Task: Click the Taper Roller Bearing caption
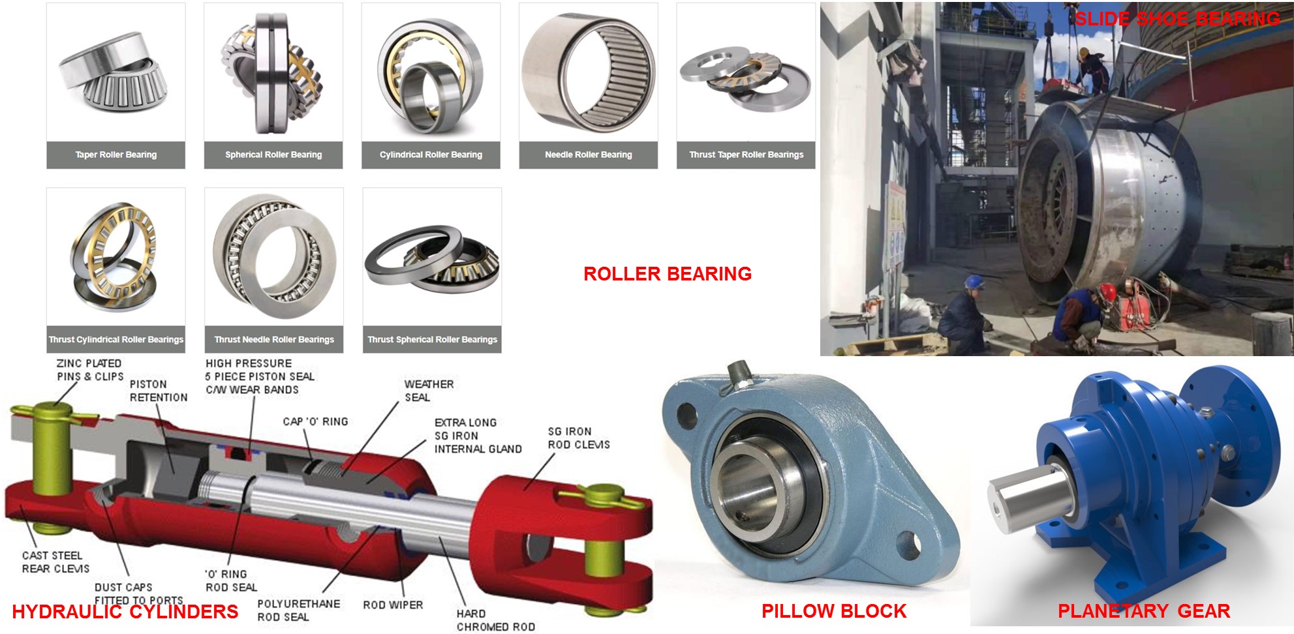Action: [116, 155]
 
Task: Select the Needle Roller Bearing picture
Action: [589, 72]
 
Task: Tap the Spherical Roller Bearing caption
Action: [273, 155]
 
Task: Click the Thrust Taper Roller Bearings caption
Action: [747, 155]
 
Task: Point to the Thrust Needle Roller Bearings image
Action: [274, 257]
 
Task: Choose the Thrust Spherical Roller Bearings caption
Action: [432, 339]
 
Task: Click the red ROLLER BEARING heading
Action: [668, 274]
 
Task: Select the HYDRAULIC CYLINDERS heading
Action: [125, 612]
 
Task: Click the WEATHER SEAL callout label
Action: [429, 391]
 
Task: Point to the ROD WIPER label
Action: [393, 605]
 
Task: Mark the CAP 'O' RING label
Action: [315, 422]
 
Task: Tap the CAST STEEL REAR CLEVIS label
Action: [55, 562]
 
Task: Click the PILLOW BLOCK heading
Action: [834, 611]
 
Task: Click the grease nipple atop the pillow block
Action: [738, 376]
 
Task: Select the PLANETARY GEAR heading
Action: [1144, 611]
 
